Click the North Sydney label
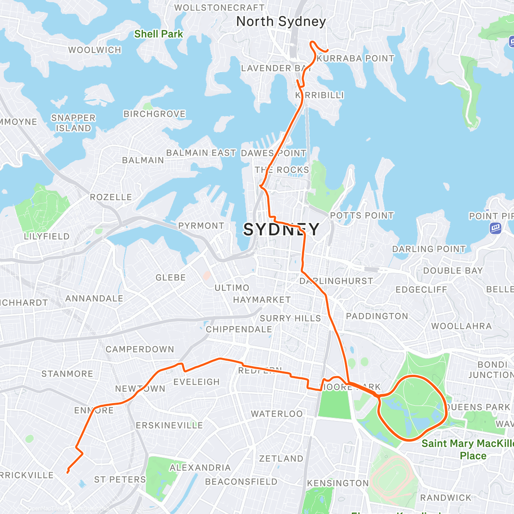[x=281, y=21]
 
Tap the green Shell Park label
[x=158, y=34]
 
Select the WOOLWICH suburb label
[x=95, y=50]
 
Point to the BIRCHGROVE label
[x=155, y=114]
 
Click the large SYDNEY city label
[x=281, y=230]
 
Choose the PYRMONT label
[x=201, y=226]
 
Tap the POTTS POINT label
[x=362, y=215]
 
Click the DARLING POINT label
[x=429, y=249]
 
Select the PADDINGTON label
[x=377, y=316]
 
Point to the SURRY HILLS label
[x=290, y=318]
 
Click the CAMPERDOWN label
[x=140, y=350]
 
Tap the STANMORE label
[x=67, y=374]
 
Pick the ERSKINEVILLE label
[x=169, y=425]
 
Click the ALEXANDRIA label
[x=200, y=468]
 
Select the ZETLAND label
[x=281, y=459]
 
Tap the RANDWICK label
[x=445, y=498]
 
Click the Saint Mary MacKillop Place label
[x=467, y=449]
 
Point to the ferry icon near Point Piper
[x=496, y=228]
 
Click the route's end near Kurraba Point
[x=328, y=51]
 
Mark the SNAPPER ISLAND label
[x=73, y=123]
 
